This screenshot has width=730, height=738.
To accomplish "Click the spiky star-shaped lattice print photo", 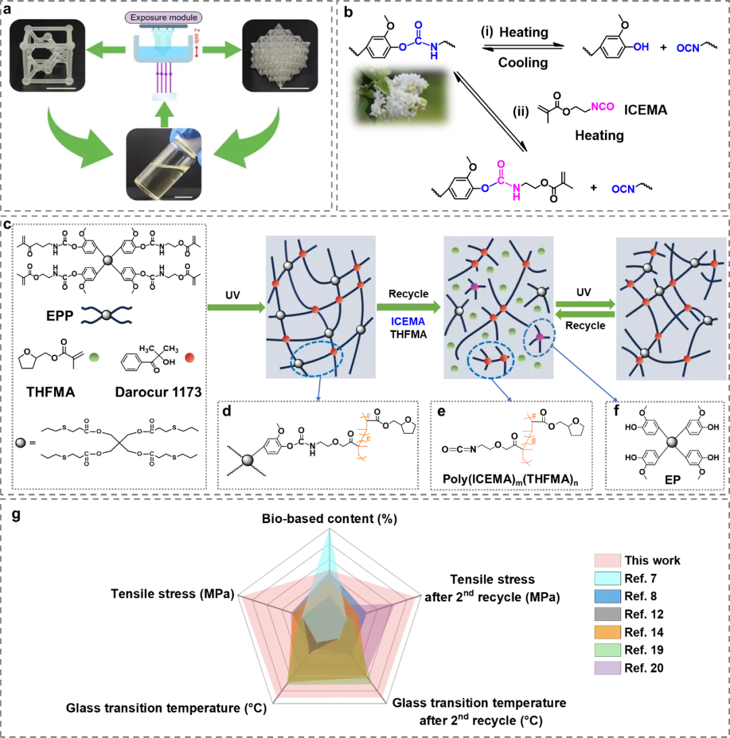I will pyautogui.click(x=278, y=55).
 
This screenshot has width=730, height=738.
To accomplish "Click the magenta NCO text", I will pyautogui.click(x=602, y=106).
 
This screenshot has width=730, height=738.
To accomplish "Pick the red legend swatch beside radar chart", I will pyautogui.click(x=607, y=560).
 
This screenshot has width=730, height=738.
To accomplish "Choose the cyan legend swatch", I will pyautogui.click(x=607, y=579).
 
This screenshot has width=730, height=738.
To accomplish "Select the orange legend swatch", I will pyautogui.click(x=607, y=633).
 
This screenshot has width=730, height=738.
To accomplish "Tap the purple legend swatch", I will pyautogui.click(x=607, y=668).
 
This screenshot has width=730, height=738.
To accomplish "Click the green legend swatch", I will pyautogui.click(x=607, y=650).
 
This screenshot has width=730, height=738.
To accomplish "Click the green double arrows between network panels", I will pyautogui.click(x=584, y=309).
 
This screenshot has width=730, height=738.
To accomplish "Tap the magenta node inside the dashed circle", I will pyautogui.click(x=539, y=336).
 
